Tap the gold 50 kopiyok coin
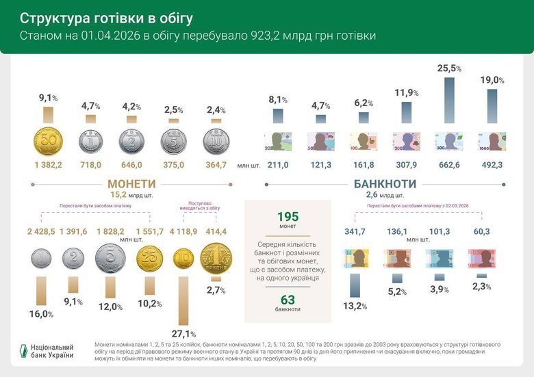[x=49, y=142]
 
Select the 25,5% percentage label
[x=449, y=68]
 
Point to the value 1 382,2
[x=49, y=165]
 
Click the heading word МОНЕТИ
[x=131, y=184]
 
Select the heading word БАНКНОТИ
[x=385, y=184]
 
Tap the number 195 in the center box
[x=288, y=217]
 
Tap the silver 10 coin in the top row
[x=216, y=142]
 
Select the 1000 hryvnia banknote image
[x=492, y=142]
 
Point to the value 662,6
[x=449, y=165]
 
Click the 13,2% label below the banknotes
[x=355, y=306]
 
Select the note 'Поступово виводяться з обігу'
[x=200, y=207]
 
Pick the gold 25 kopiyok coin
[x=150, y=260]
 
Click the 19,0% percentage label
[x=492, y=80]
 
